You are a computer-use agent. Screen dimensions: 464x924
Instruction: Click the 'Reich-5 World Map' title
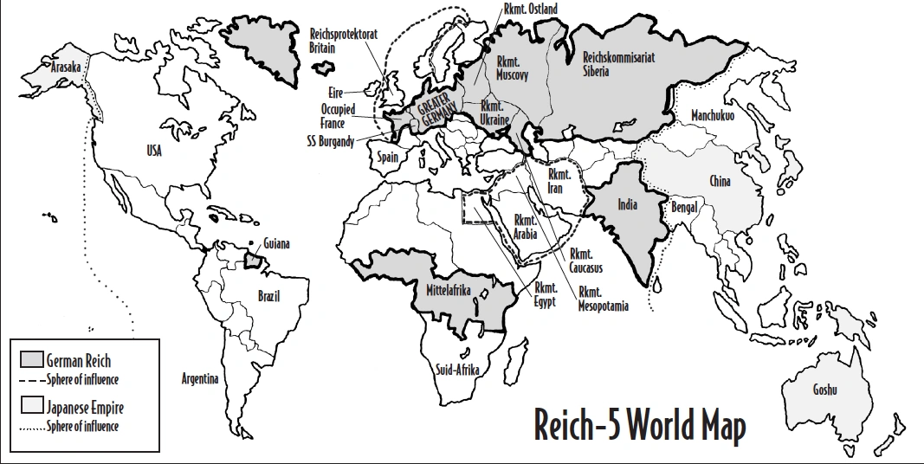(639, 425)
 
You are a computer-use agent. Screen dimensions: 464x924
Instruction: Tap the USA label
(153, 151)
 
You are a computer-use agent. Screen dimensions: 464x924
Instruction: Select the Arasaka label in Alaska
(66, 67)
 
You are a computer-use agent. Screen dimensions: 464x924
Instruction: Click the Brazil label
(269, 296)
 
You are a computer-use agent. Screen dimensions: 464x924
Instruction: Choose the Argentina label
(200, 379)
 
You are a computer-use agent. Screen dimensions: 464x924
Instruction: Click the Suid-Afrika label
(458, 369)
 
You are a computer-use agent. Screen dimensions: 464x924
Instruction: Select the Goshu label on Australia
(824, 390)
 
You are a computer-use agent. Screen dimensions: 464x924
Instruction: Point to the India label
(628, 205)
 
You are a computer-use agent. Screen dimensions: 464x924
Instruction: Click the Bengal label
(686, 209)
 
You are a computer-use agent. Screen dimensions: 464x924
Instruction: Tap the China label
(720, 181)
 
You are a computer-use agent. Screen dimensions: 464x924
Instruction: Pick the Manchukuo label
(712, 115)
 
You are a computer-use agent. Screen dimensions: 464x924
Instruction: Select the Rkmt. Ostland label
(530, 9)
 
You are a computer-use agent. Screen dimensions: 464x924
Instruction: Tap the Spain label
(387, 158)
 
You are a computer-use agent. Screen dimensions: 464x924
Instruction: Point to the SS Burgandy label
(329, 141)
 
